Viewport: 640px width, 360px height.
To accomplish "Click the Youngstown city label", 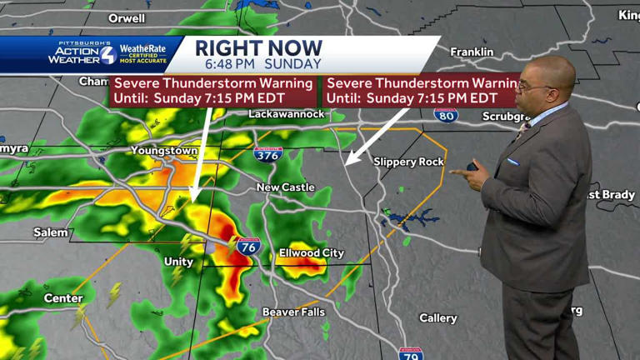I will point(164,151).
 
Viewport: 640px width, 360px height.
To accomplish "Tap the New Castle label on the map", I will point(285,187).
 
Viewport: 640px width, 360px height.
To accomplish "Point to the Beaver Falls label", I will point(292,312).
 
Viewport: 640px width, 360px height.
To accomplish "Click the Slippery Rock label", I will point(408,162).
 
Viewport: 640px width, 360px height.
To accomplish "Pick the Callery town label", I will point(437,318).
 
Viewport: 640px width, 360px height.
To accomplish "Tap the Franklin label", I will point(472,52).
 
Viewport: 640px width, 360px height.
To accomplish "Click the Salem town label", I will point(51,232).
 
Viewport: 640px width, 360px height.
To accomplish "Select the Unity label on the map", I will point(178,262).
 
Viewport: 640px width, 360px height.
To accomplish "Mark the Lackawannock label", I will point(286,113).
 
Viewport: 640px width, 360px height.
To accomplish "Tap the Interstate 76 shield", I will point(247,246).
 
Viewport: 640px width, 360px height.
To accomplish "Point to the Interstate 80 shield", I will point(446,114).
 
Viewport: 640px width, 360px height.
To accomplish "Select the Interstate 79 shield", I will point(411,353).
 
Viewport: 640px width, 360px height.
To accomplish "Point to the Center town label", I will point(63,298).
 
